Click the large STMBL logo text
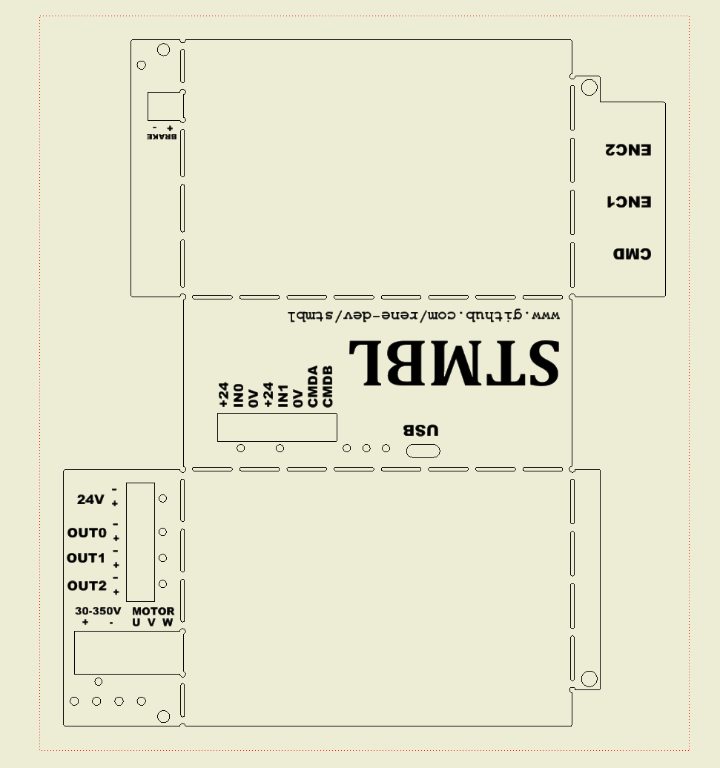[x=454, y=362]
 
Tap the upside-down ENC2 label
[x=628, y=150]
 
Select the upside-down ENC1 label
[x=630, y=202]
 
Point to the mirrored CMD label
[x=633, y=254]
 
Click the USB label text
[x=420, y=430]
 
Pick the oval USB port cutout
[x=423, y=451]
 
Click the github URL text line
[x=423, y=315]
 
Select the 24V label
[x=90, y=499]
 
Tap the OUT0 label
[x=87, y=532]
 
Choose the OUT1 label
[x=86, y=558]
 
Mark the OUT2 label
[x=87, y=586]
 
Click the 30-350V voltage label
[x=98, y=611]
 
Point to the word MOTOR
[x=153, y=611]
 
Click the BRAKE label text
[x=162, y=136]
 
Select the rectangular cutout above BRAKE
[x=166, y=106]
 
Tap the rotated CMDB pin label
[x=328, y=386]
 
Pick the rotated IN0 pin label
[x=239, y=396]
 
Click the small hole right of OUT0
[x=162, y=532]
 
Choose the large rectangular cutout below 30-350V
[x=129, y=652]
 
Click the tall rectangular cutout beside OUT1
[x=141, y=542]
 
